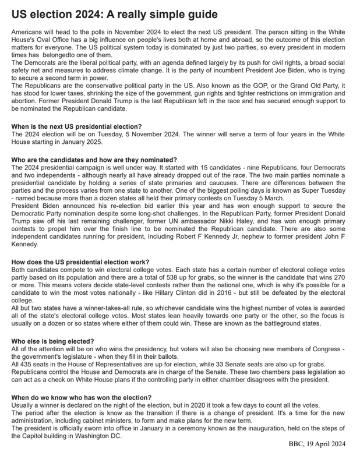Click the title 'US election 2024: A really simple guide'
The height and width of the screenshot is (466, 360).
(x=114, y=13)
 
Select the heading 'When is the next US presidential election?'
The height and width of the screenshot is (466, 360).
(x=76, y=126)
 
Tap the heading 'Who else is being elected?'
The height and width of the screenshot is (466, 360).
(x=52, y=341)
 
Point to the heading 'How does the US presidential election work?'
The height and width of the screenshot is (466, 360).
(x=80, y=262)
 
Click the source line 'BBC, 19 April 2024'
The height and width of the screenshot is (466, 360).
(x=317, y=444)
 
